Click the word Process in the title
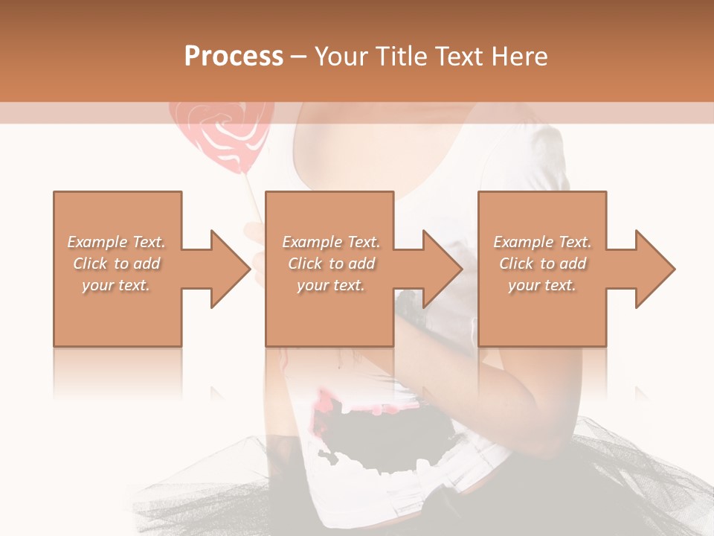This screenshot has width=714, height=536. (x=234, y=56)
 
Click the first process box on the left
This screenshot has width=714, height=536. (x=118, y=313)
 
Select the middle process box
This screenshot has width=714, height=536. (x=329, y=313)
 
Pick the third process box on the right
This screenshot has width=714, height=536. (x=541, y=313)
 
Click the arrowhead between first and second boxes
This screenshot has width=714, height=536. (x=228, y=269)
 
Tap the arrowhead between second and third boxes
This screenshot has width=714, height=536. (x=440, y=269)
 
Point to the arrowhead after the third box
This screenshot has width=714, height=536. (x=653, y=269)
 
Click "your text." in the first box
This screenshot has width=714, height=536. (x=117, y=285)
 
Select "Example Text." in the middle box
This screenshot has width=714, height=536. (x=331, y=242)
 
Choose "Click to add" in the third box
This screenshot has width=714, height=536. (x=542, y=264)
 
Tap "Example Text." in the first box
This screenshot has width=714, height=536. (x=117, y=242)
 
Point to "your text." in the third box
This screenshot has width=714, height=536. (x=542, y=285)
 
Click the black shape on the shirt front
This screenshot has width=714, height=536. (x=387, y=439)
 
